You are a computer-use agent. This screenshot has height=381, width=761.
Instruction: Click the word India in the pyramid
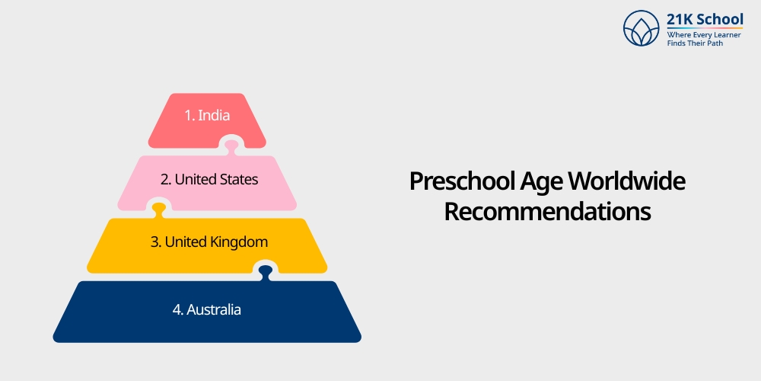pyautogui.click(x=214, y=116)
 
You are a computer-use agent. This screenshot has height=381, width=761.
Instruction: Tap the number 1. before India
pyautogui.click(x=189, y=116)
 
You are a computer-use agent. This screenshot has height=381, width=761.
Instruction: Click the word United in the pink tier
pyautogui.click(x=195, y=180)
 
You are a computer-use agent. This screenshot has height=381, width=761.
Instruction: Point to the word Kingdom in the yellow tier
pyautogui.click(x=238, y=242)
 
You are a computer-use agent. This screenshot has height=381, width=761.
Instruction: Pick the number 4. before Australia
pyautogui.click(x=178, y=310)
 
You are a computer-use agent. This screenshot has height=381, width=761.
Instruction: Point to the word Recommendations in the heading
pyautogui.click(x=547, y=211)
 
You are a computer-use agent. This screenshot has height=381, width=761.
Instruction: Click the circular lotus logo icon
pyautogui.click(x=641, y=28)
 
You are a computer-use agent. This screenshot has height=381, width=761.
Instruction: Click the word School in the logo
pyautogui.click(x=720, y=20)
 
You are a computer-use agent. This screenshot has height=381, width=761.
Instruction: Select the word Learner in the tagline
pyautogui.click(x=726, y=35)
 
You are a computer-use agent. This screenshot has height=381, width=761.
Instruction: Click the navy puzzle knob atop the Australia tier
pyautogui.click(x=265, y=271)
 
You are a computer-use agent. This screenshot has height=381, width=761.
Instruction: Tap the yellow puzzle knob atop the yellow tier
pyautogui.click(x=159, y=207)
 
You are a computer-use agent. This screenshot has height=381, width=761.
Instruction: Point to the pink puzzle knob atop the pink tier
pyautogui.click(x=231, y=143)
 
